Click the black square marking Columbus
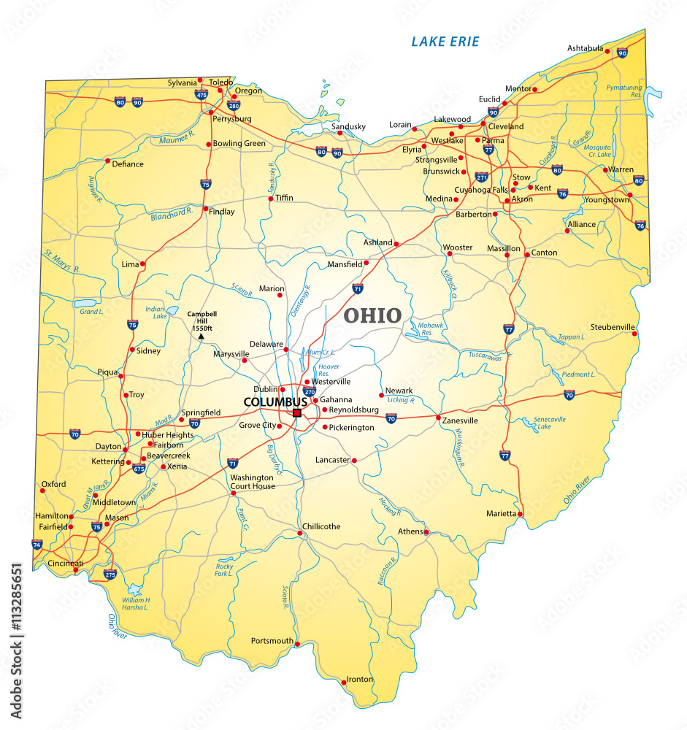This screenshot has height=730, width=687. coord(297,413)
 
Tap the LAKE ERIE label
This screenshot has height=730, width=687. coord(445,42)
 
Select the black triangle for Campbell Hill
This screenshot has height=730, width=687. coord(202,337)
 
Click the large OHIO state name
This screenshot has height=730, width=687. coord(372,315)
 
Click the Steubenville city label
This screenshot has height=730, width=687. coord(612,326)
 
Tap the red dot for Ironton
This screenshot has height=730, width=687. coord(344,683)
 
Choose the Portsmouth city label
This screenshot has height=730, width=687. coord(272,641)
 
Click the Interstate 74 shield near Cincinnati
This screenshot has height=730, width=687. coord(37,544)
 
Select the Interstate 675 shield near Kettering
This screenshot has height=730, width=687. coord(139,468)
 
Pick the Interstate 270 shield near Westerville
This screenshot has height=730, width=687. coord(309,391)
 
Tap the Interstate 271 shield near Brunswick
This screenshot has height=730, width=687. coord(481,177)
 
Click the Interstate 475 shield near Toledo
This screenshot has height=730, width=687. coord(202,94)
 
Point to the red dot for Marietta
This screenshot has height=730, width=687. coord(521,514)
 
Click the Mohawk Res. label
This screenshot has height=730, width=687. coord(431,328)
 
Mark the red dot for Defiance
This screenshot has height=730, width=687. coord(107,161)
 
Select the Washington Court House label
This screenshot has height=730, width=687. coord(253,482)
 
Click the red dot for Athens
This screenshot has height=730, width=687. coord(426,531)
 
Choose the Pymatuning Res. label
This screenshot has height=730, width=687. coord(624,91)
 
